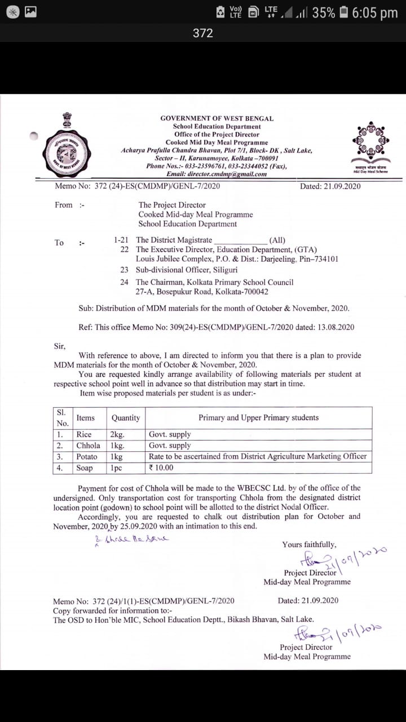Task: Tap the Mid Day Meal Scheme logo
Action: (370, 146)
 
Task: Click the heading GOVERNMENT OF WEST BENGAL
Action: (217, 118)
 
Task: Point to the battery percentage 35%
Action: (323, 12)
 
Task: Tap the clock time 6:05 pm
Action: (374, 12)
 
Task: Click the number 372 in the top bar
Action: (202, 33)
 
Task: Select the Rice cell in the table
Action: (84, 434)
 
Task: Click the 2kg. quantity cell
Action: (117, 434)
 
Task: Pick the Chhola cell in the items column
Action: (88, 446)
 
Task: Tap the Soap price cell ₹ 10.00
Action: (161, 468)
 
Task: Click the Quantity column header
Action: (126, 418)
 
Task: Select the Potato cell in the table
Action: (87, 456)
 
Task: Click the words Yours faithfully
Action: (309, 545)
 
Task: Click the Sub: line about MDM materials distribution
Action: (214, 309)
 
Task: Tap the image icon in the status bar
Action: (30, 12)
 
